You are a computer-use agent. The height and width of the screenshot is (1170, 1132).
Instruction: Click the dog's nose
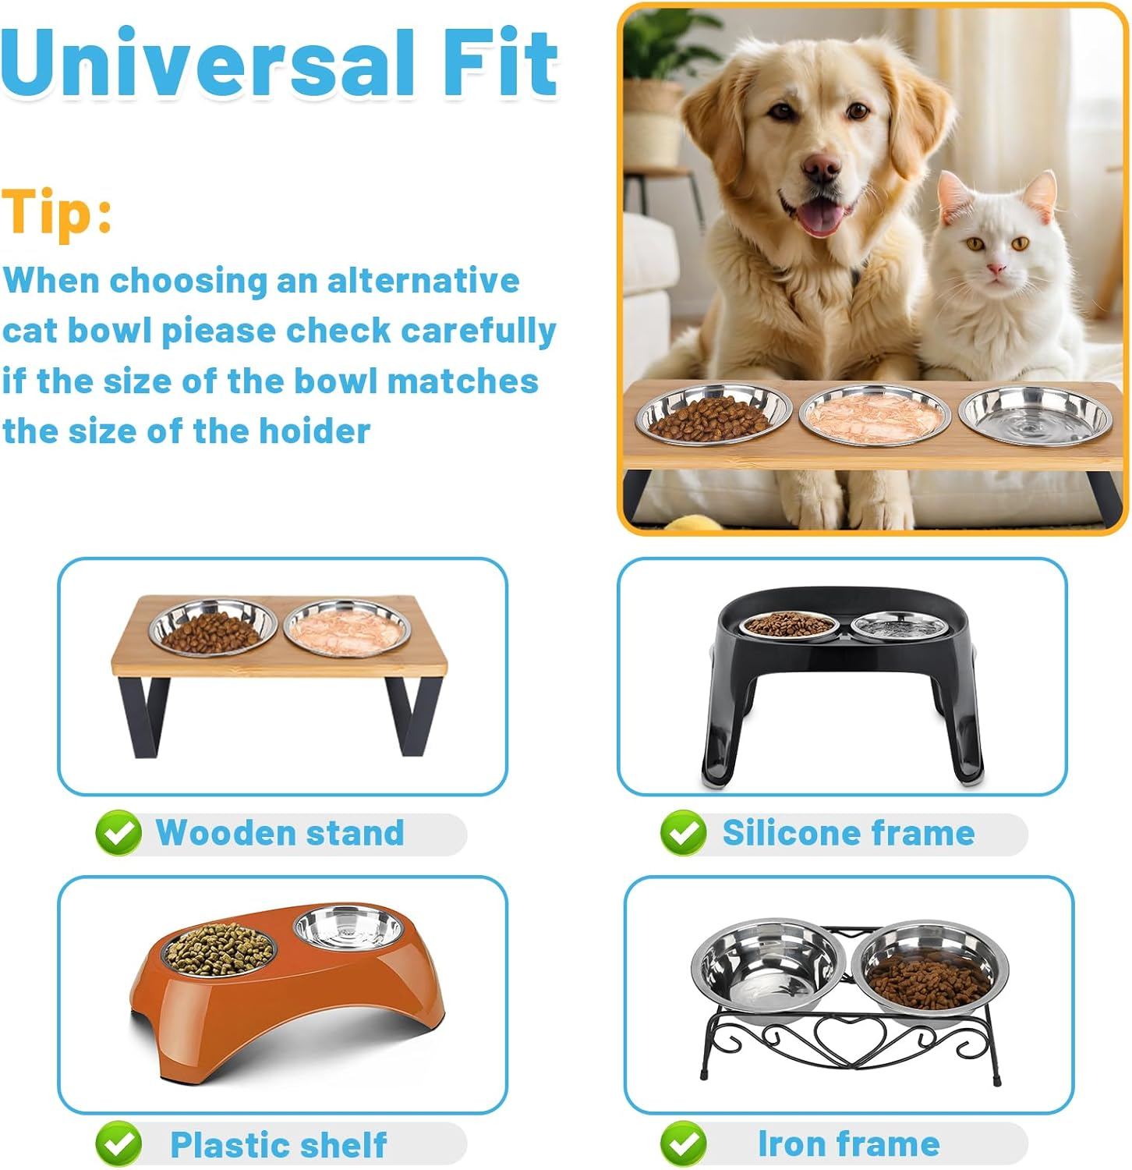(x=822, y=168)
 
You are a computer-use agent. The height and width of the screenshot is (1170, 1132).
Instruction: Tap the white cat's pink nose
(x=996, y=270)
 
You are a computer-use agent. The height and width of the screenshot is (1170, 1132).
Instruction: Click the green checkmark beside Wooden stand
(x=119, y=833)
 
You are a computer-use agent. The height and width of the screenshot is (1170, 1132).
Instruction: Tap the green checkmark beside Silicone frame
(x=683, y=833)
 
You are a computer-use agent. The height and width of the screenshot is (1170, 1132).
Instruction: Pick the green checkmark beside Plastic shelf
(x=119, y=1144)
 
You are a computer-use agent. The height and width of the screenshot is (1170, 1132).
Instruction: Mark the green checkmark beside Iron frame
(x=683, y=1144)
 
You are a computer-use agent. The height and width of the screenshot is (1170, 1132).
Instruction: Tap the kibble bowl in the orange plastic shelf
(x=218, y=951)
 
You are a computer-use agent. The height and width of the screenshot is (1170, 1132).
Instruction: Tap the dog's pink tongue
(x=819, y=218)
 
